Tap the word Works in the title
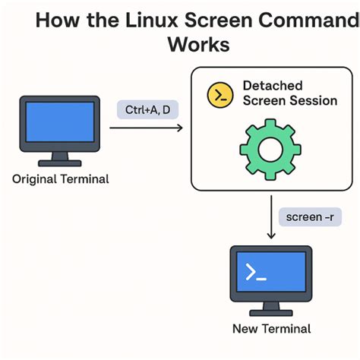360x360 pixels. click(x=198, y=44)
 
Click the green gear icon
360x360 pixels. click(x=270, y=148)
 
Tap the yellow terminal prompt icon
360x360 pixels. click(x=220, y=94)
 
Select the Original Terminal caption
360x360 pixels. click(x=61, y=180)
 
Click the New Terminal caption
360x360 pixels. click(x=271, y=329)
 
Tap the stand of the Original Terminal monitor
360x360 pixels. click(x=61, y=159)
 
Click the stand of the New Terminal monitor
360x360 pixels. click(x=271, y=308)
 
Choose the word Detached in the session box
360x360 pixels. click(x=272, y=85)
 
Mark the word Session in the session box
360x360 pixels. click(x=311, y=100)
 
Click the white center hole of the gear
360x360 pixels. click(x=270, y=148)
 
